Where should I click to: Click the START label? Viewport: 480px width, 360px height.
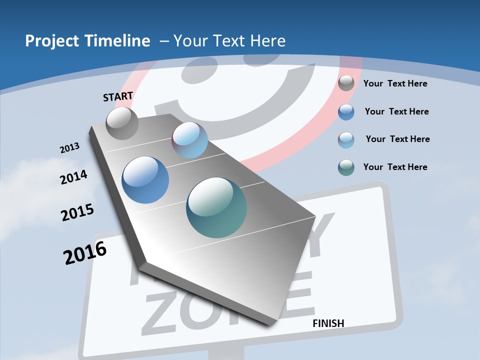point(118,96)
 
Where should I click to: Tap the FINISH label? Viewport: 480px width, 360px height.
point(328,323)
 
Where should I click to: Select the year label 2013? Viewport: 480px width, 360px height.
point(69,148)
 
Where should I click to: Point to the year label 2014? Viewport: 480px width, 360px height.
point(73,177)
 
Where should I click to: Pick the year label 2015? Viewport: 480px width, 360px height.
point(77,212)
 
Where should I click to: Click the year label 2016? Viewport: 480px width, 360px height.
point(85,253)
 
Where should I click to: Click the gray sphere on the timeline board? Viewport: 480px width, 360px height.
point(122,123)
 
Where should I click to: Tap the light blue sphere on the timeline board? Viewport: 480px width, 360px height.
point(189,140)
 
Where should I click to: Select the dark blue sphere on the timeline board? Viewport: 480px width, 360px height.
point(145,180)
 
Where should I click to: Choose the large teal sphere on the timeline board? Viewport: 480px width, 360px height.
point(216,207)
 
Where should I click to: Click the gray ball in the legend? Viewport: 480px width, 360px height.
point(346,83)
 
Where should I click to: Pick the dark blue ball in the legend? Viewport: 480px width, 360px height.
point(346,112)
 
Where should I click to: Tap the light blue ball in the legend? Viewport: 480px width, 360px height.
point(346,140)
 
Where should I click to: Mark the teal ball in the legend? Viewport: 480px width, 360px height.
point(346,167)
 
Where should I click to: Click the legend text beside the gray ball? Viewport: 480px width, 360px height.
point(395,83)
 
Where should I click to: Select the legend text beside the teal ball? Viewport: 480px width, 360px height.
point(395,167)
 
